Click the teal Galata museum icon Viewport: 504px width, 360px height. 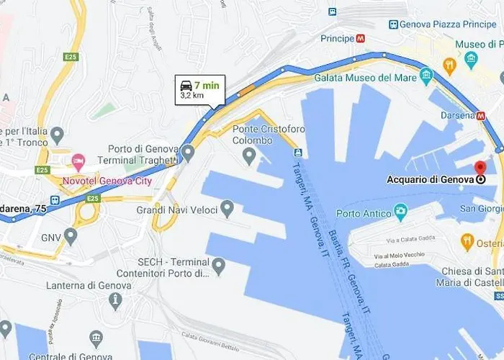pos(426,75)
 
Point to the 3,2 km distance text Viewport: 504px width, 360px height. pos(192,94)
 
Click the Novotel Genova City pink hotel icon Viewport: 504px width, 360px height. pos(78,158)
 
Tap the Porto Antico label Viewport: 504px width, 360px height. pos(363,213)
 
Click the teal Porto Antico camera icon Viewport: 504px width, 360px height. pos(401,212)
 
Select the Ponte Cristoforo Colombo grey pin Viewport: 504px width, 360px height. pos(250,154)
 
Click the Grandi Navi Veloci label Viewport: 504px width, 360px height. pos(176,211)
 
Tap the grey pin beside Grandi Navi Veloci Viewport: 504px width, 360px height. pos(227,210)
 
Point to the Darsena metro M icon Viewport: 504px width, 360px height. pos(481,114)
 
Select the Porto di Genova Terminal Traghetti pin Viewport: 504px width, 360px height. pos(188,152)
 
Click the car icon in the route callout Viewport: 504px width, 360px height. pos(186,85)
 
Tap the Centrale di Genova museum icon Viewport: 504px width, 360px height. pos(96,338)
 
